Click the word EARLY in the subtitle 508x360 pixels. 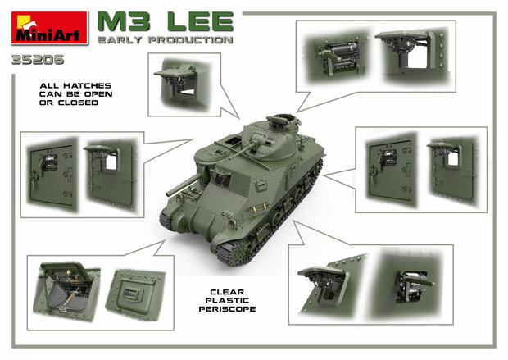click(x=118, y=39)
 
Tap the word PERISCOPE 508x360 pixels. click(x=220, y=309)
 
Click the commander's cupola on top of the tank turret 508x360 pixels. click(x=277, y=121)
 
